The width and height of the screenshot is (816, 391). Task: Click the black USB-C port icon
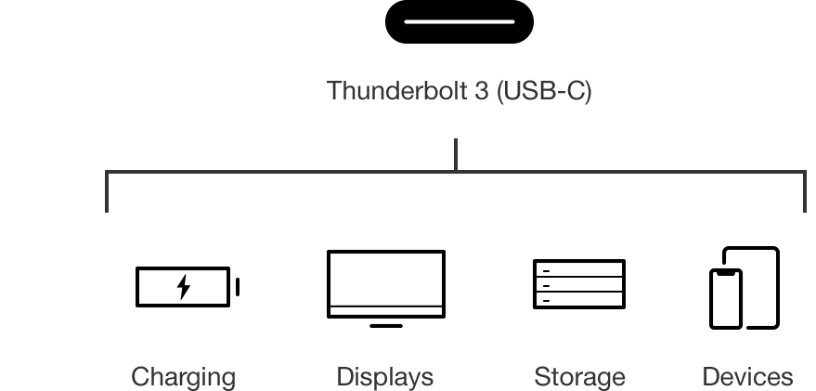(x=459, y=21)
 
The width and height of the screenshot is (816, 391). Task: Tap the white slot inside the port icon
(x=459, y=22)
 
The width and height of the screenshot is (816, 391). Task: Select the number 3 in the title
(x=482, y=91)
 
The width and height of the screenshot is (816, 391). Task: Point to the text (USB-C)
(x=544, y=91)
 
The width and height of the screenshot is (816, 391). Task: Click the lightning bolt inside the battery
(x=183, y=287)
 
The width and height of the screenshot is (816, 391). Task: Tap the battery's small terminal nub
(x=238, y=287)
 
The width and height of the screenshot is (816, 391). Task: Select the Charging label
(x=183, y=377)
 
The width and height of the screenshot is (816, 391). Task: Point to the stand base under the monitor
(x=386, y=326)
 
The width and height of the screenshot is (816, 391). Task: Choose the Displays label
(x=385, y=376)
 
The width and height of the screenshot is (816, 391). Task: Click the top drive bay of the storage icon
(x=579, y=268)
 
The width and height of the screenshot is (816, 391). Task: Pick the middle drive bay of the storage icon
(x=579, y=284)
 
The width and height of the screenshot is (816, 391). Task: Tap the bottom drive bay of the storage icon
(x=579, y=300)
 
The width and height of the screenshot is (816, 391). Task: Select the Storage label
(x=579, y=376)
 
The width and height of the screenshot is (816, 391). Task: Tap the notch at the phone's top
(x=726, y=273)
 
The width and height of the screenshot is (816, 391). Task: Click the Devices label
(x=747, y=376)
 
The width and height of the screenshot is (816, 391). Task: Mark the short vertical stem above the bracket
(x=456, y=154)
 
